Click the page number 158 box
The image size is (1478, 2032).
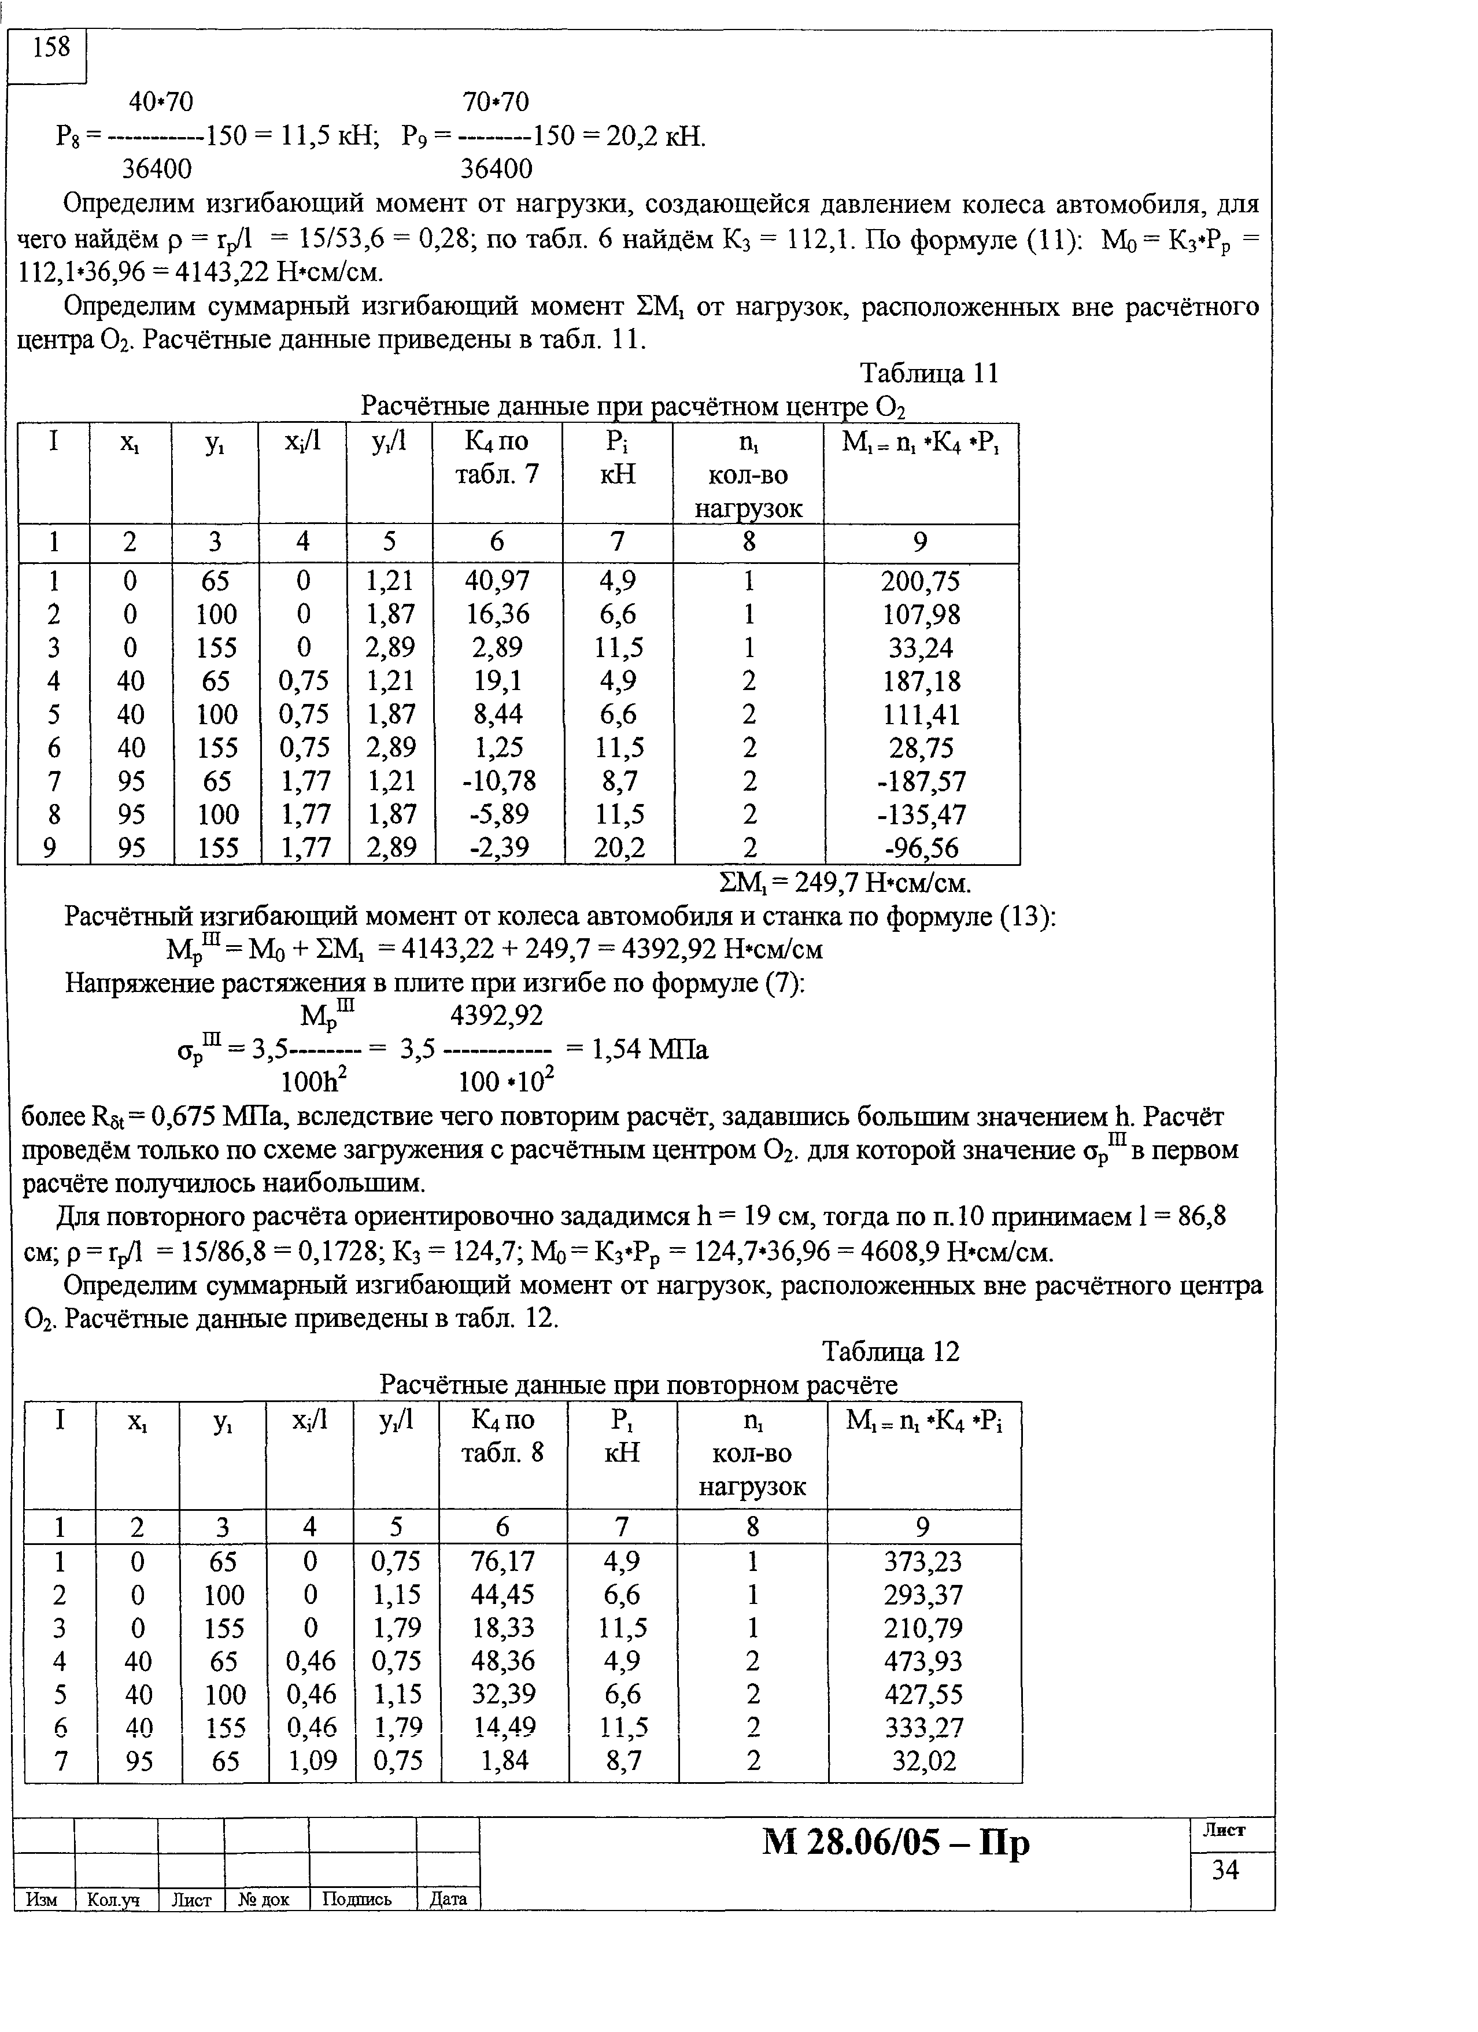(50, 47)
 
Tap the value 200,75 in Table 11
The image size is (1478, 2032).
(920, 581)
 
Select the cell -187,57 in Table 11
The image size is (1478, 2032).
(921, 781)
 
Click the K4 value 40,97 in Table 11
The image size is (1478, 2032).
(497, 581)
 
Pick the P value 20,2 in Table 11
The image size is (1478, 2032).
(619, 847)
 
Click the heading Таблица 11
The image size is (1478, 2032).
(928, 373)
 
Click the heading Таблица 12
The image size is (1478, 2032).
(891, 1351)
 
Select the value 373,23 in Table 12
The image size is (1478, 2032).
(923, 1562)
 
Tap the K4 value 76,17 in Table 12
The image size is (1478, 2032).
(502, 1562)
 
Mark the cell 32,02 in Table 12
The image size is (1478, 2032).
(923, 1762)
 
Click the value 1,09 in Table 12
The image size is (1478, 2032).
(311, 1762)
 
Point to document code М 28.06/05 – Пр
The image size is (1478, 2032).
(896, 1843)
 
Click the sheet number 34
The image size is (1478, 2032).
(1225, 1870)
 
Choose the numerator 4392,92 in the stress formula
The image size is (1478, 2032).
(496, 1015)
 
